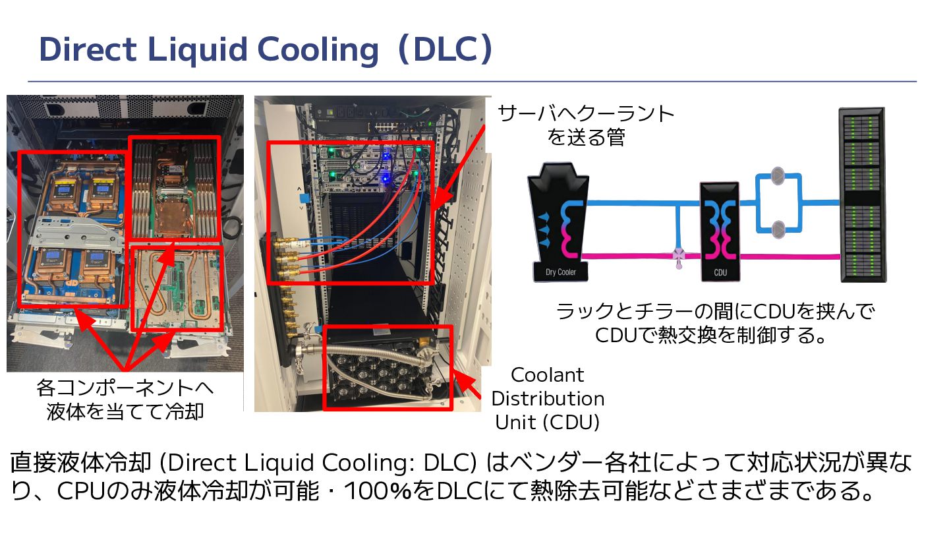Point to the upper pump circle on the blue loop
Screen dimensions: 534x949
(777, 176)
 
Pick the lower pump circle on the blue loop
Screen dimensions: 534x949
(777, 227)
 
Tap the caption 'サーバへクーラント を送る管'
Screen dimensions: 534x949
(586, 125)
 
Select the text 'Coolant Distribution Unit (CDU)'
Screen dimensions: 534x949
(548, 398)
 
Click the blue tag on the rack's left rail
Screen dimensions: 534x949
(302, 198)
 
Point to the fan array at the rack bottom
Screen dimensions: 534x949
(376, 379)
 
